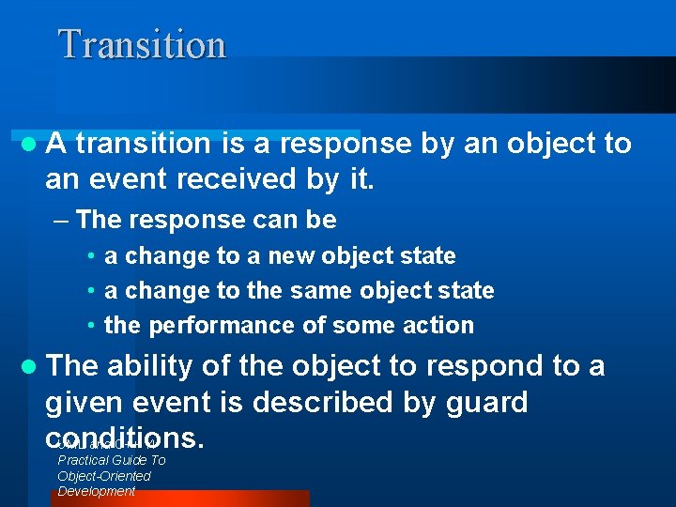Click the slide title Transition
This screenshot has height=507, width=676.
coord(142,44)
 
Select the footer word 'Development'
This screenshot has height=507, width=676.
coord(97,491)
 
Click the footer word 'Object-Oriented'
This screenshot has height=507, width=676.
coord(104,476)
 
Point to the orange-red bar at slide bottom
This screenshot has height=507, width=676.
coord(178,499)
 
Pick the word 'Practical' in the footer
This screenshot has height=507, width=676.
coord(84,460)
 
